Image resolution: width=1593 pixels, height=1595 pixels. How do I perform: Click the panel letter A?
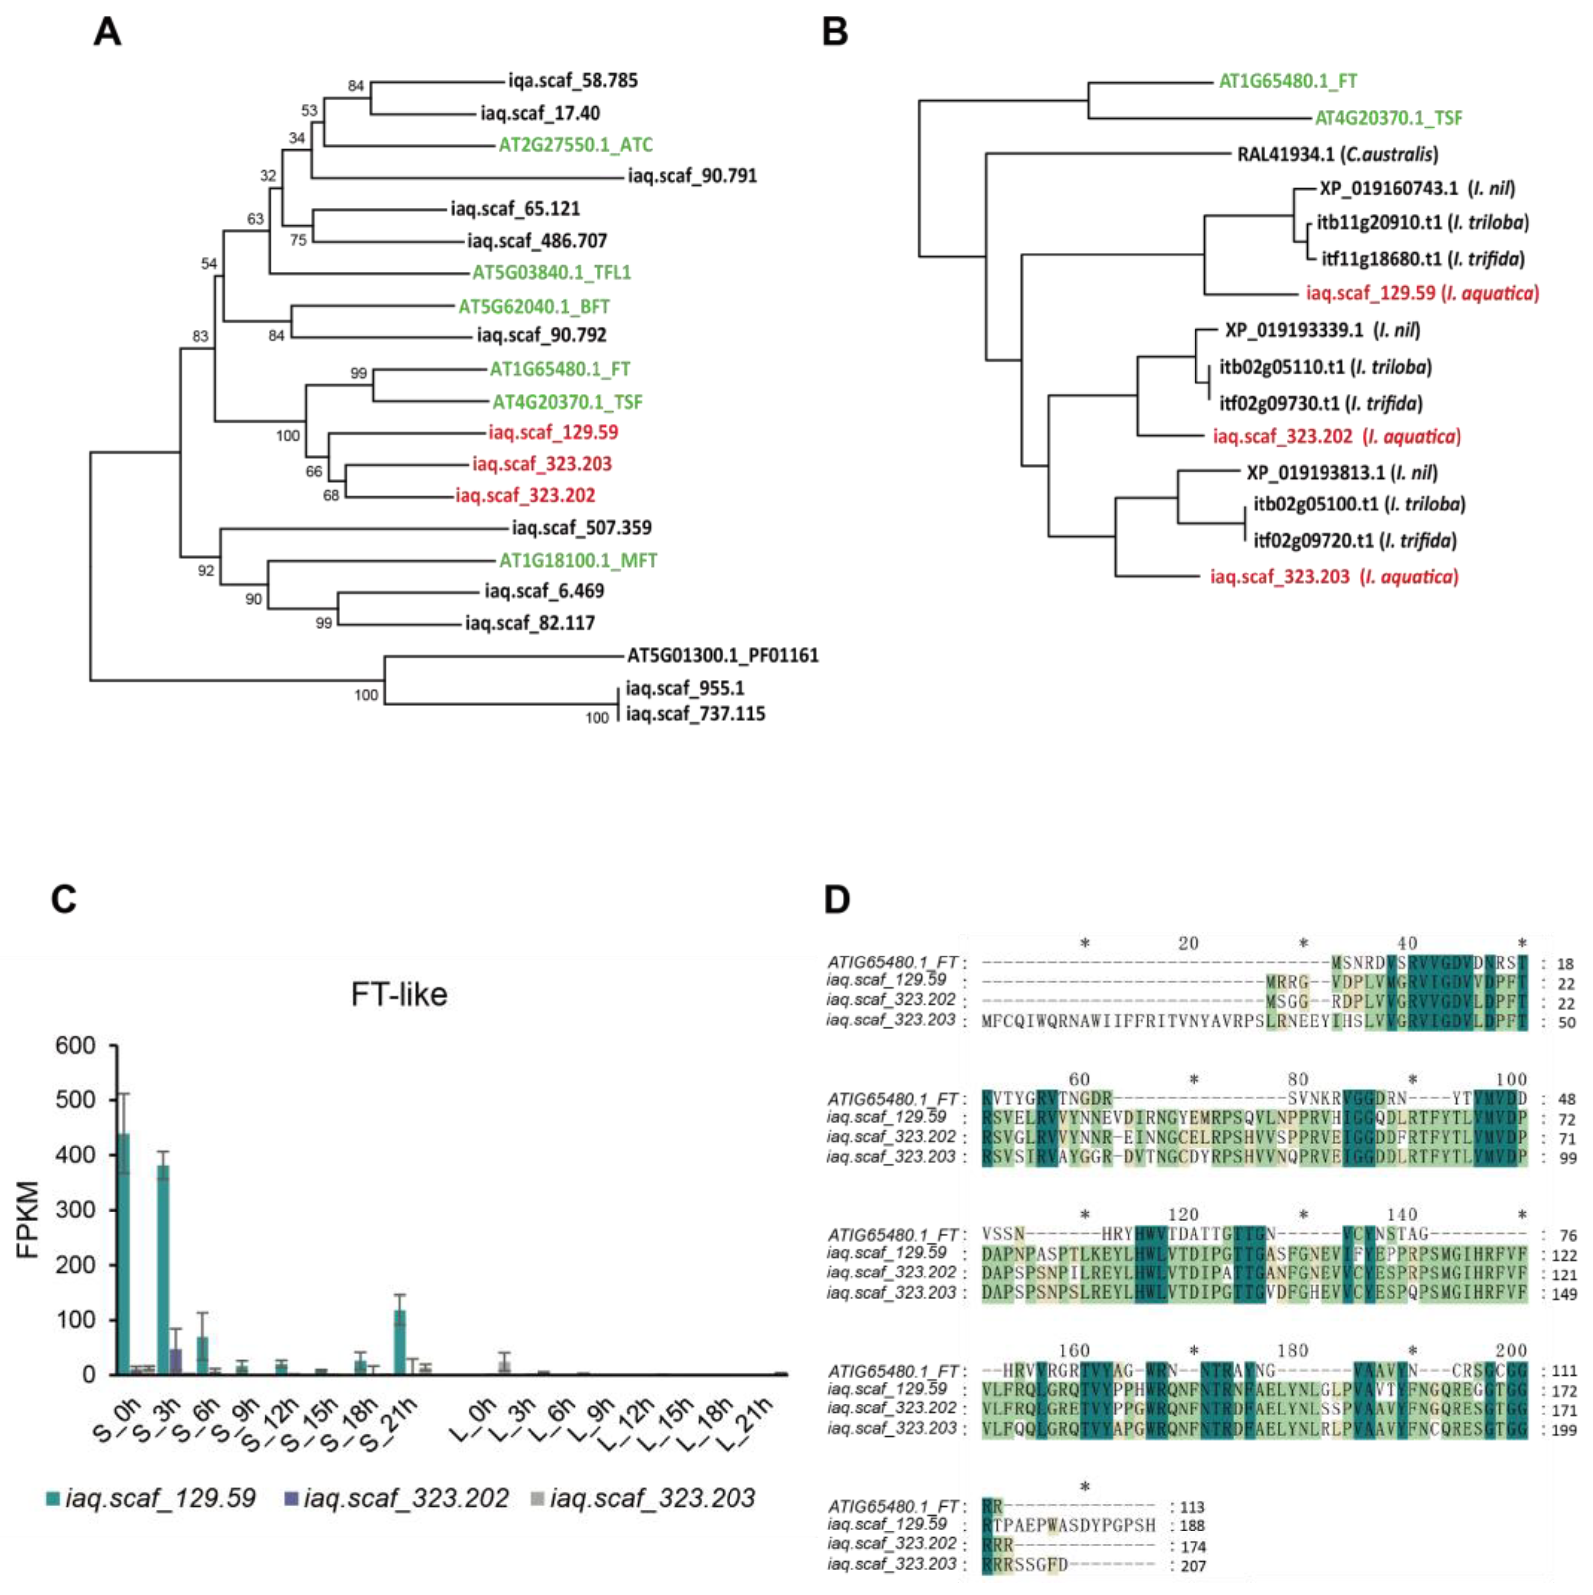[x=107, y=33]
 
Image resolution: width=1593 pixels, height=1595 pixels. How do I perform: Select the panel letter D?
[x=837, y=899]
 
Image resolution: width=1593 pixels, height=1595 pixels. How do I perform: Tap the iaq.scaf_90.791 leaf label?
[x=692, y=176]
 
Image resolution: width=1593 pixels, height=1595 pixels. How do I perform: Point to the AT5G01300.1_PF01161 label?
[x=723, y=655]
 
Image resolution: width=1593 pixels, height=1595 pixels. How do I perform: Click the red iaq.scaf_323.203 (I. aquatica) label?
[x=1333, y=576]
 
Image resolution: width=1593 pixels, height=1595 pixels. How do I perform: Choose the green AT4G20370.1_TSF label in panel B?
[x=1388, y=118]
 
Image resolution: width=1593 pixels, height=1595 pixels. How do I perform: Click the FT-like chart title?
[x=399, y=994]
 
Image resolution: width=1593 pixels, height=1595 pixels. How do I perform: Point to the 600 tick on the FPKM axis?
[x=74, y=1046]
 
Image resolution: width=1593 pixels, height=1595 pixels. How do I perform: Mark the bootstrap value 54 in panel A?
[x=209, y=264]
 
